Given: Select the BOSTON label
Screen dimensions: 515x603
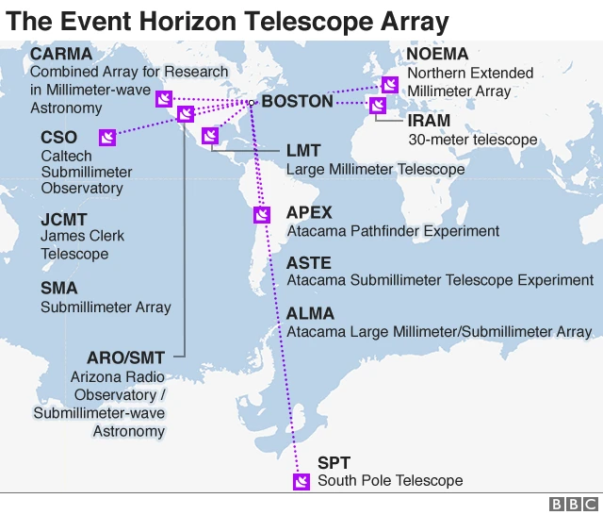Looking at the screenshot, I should tap(297, 101).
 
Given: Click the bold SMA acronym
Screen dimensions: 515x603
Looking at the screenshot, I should tap(59, 289).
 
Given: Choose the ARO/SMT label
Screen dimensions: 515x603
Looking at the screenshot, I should tap(125, 357).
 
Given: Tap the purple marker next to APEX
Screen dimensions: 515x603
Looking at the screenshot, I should tap(261, 215).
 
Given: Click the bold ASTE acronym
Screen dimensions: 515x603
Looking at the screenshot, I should tap(309, 263).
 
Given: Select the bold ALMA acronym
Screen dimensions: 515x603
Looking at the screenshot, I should tap(310, 314).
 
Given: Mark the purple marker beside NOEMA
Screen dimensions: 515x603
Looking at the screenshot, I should tap(389, 84).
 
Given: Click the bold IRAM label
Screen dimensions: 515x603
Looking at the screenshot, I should tap(429, 122).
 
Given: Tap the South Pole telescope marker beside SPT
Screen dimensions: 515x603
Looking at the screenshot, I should tap(301, 482).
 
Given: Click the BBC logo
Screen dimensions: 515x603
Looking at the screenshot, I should tap(572, 504).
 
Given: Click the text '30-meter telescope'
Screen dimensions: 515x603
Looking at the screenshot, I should tap(472, 140).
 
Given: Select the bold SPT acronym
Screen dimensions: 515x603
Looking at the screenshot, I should tap(334, 463).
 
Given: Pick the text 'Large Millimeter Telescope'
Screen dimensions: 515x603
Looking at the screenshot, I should tap(375, 170).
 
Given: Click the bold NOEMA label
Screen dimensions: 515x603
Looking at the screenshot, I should tap(437, 55).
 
